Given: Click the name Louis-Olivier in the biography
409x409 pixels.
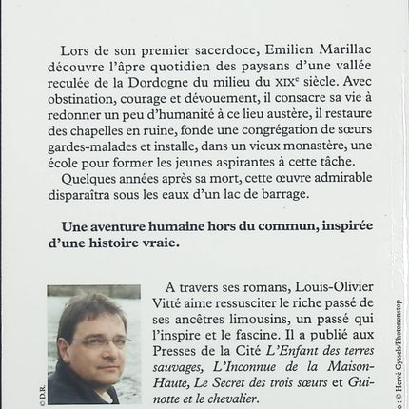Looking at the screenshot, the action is pyautogui.click(x=296, y=292).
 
